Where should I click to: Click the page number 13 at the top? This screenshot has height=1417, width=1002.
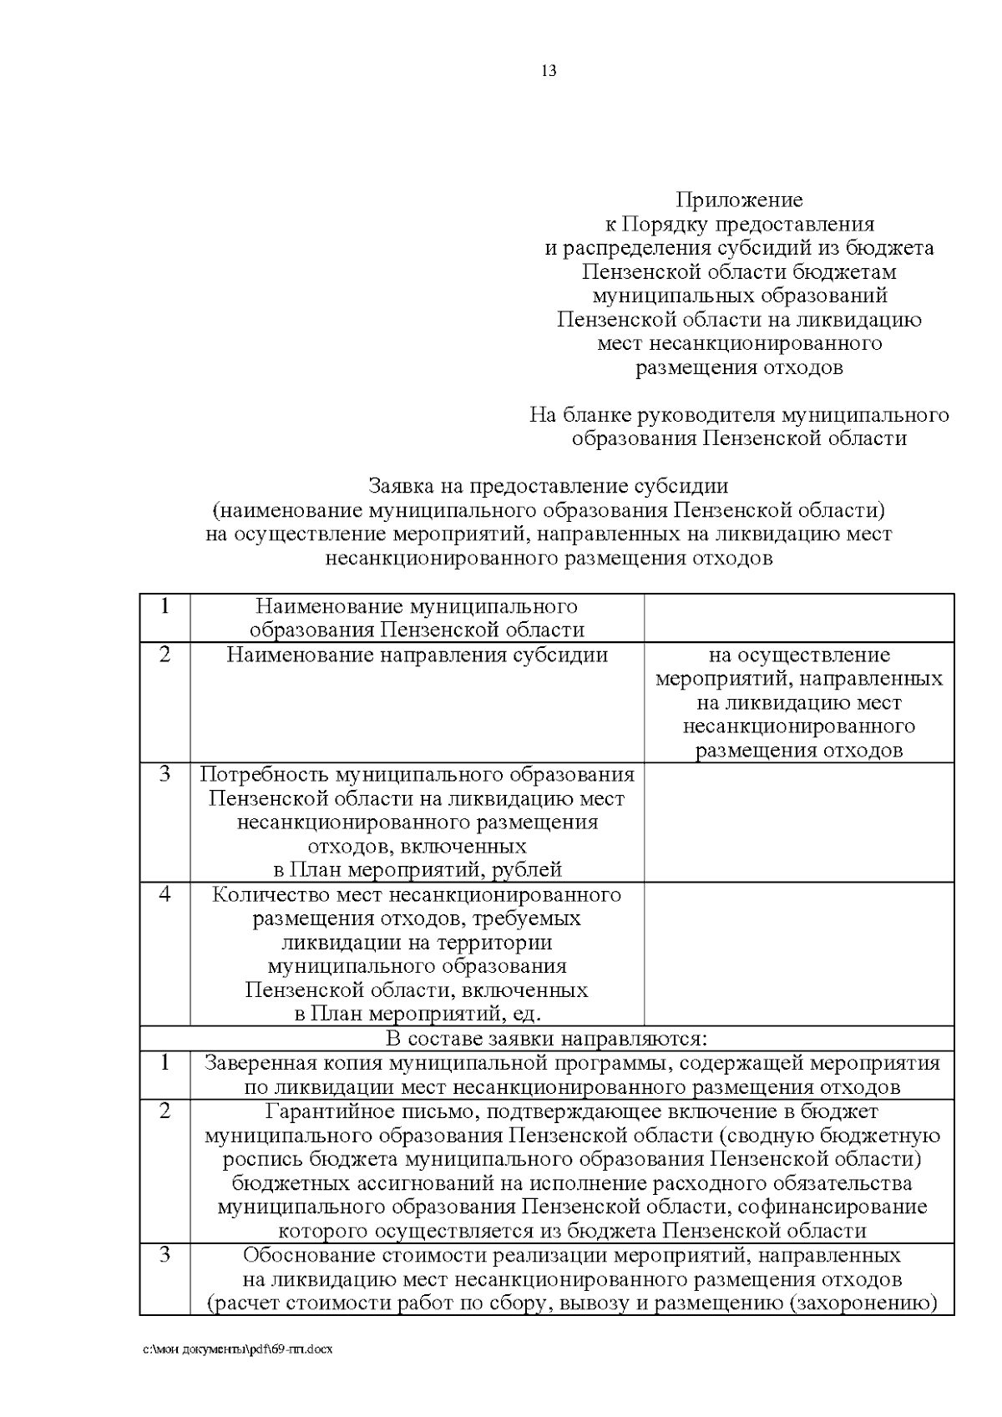point(549,71)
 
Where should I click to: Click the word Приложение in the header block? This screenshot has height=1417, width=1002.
point(739,200)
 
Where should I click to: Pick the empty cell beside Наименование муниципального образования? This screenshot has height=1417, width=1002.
point(798,618)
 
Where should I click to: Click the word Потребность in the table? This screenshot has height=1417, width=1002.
point(254,775)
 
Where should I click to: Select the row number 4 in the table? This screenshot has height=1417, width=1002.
point(164,895)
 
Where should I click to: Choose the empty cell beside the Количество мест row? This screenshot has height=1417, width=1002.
point(798,954)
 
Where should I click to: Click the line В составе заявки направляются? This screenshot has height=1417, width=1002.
point(546,1039)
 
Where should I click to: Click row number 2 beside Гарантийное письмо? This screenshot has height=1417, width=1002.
point(164,1111)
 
